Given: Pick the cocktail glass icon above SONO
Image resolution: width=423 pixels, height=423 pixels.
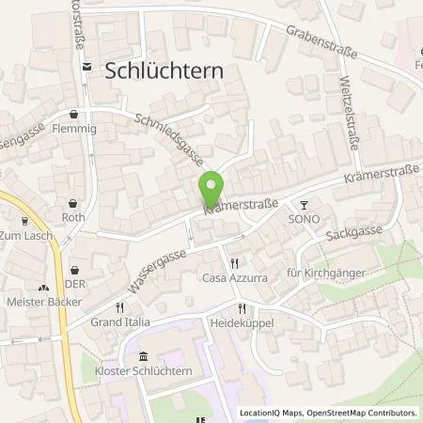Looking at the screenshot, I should [x=304, y=204].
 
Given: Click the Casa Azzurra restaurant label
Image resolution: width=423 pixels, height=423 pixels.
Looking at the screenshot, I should [x=234, y=278].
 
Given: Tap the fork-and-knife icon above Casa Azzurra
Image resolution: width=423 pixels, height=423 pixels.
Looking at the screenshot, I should [x=234, y=264].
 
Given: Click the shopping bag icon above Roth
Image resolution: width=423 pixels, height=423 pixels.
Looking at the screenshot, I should [x=74, y=203].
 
